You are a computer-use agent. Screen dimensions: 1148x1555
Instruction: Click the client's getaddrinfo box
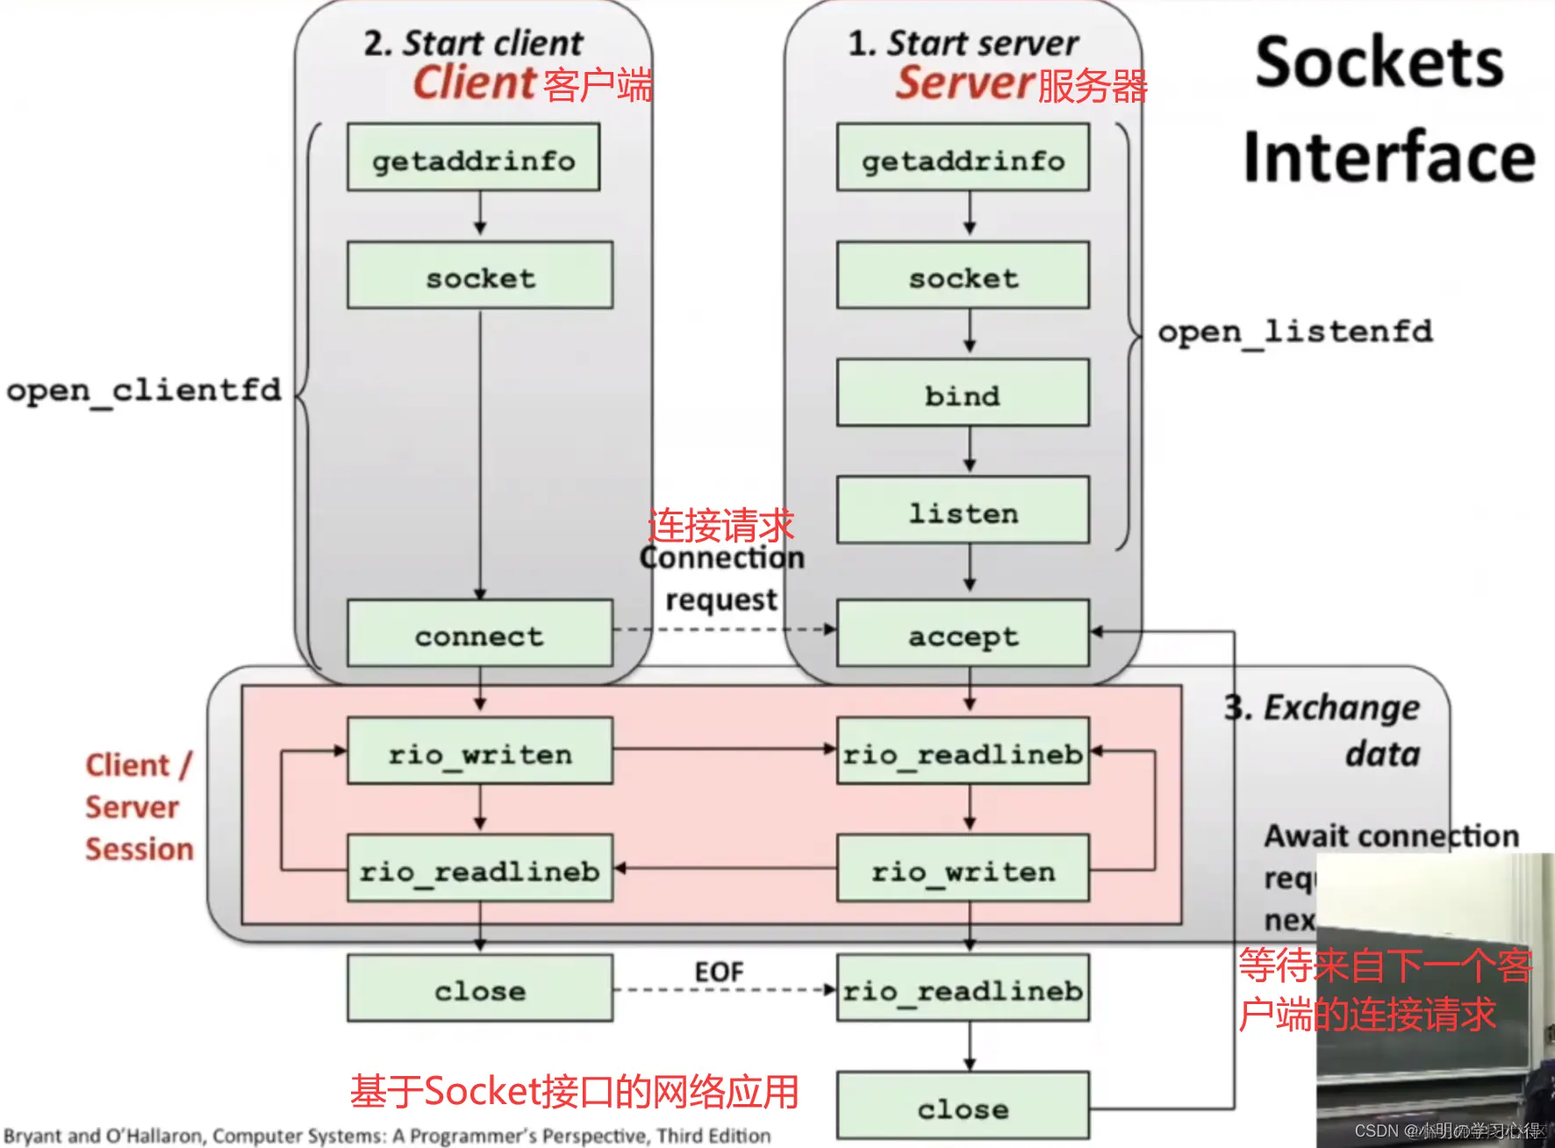(x=473, y=158)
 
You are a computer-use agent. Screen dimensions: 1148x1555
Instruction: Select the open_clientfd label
(x=144, y=389)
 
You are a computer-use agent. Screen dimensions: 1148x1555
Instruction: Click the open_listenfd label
(x=1294, y=332)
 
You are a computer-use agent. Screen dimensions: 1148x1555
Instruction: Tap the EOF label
(x=719, y=972)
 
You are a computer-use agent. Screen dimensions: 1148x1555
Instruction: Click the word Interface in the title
(x=1389, y=156)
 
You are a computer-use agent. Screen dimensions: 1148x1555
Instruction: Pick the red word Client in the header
(x=474, y=83)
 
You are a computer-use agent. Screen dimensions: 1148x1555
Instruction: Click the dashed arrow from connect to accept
(x=724, y=629)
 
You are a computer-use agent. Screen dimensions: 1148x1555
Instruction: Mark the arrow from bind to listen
(x=969, y=450)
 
